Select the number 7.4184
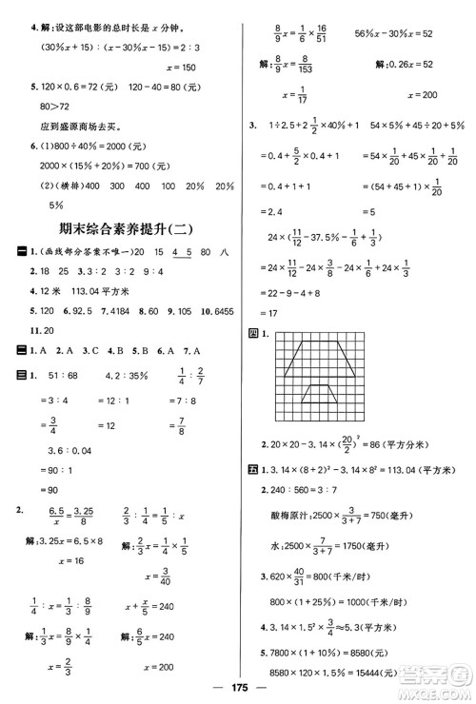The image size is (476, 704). click(x=102, y=310)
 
